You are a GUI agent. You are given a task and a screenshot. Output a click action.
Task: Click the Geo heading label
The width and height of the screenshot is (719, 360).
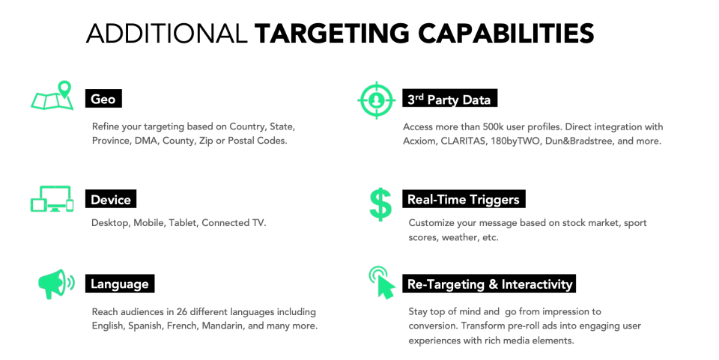tap(103, 99)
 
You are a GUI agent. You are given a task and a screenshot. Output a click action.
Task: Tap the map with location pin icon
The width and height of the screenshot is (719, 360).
tap(52, 96)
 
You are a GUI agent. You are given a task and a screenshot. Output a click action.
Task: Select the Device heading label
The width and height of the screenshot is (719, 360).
tap(111, 199)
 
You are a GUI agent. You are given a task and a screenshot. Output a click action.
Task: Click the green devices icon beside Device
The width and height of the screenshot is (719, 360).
tap(52, 199)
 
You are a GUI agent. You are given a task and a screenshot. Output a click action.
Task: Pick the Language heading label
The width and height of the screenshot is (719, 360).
tap(120, 284)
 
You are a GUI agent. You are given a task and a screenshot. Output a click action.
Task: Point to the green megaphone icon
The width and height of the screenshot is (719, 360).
tap(56, 284)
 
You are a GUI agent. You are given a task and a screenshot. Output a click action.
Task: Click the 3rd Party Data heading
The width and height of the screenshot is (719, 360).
tap(449, 99)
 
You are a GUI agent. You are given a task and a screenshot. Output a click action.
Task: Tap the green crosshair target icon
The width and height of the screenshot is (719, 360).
tap(376, 100)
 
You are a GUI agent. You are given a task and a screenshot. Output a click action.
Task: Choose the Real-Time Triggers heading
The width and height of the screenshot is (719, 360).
tap(464, 199)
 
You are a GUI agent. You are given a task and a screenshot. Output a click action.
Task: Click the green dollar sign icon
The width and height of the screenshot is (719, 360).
tap(380, 204)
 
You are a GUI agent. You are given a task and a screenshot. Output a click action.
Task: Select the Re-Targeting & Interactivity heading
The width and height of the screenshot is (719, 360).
tap(490, 284)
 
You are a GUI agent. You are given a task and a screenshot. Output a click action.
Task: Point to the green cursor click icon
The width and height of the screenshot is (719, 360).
tap(382, 283)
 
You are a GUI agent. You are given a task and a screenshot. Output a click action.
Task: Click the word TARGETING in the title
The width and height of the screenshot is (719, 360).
tap(332, 34)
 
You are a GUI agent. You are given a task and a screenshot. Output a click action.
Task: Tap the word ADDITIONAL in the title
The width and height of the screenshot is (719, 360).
tap(167, 34)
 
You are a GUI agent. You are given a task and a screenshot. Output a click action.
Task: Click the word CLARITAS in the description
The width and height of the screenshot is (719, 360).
tap(463, 141)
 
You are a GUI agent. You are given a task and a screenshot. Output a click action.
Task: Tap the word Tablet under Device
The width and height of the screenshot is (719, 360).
tap(183, 222)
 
